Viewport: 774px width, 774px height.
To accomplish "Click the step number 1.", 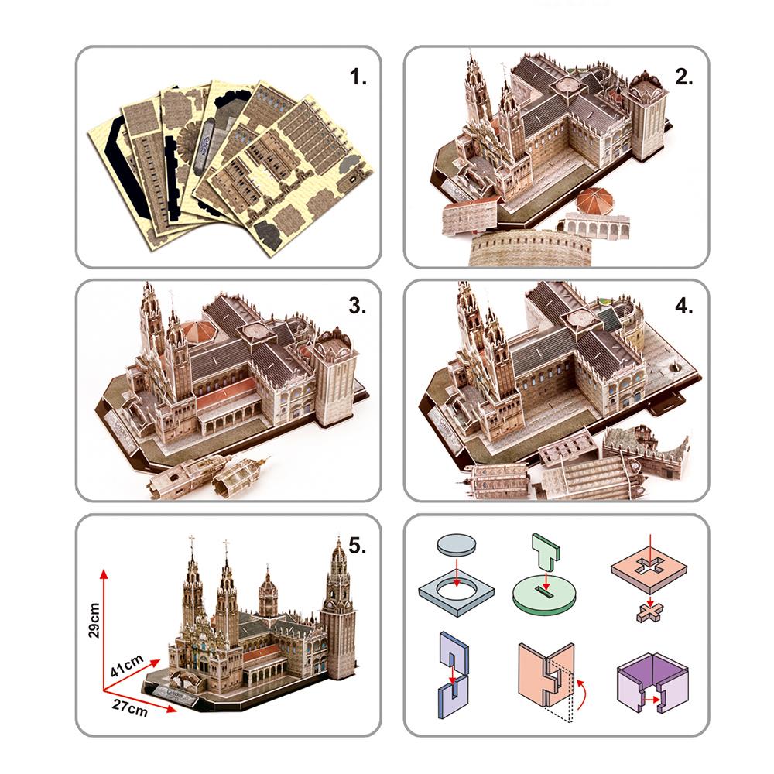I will pyautogui.click(x=357, y=77).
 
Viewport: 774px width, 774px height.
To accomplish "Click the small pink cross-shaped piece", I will pyautogui.click(x=649, y=612).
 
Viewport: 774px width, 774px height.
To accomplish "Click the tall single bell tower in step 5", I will pyautogui.click(x=338, y=611).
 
